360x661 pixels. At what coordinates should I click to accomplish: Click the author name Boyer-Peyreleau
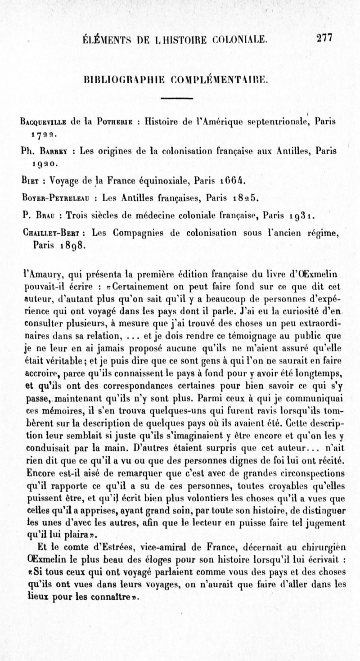click(x=59, y=198)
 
